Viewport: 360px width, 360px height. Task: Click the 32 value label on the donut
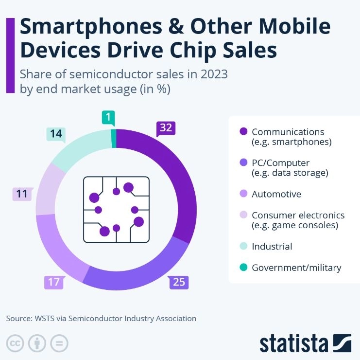click(166, 128)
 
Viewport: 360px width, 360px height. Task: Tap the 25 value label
click(179, 282)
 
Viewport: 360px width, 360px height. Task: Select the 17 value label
click(54, 282)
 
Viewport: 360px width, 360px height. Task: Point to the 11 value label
click(22, 194)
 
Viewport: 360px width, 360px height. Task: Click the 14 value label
click(56, 134)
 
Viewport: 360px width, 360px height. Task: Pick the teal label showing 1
click(107, 118)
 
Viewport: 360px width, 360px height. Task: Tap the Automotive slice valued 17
click(58, 248)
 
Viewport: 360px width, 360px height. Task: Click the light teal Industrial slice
click(78, 146)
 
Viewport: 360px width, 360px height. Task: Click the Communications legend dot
click(243, 132)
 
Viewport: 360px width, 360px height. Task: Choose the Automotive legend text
click(276, 194)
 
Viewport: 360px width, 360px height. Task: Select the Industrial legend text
click(272, 246)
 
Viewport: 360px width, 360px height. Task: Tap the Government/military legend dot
click(243, 268)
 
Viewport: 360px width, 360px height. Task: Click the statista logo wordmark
click(293, 342)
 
